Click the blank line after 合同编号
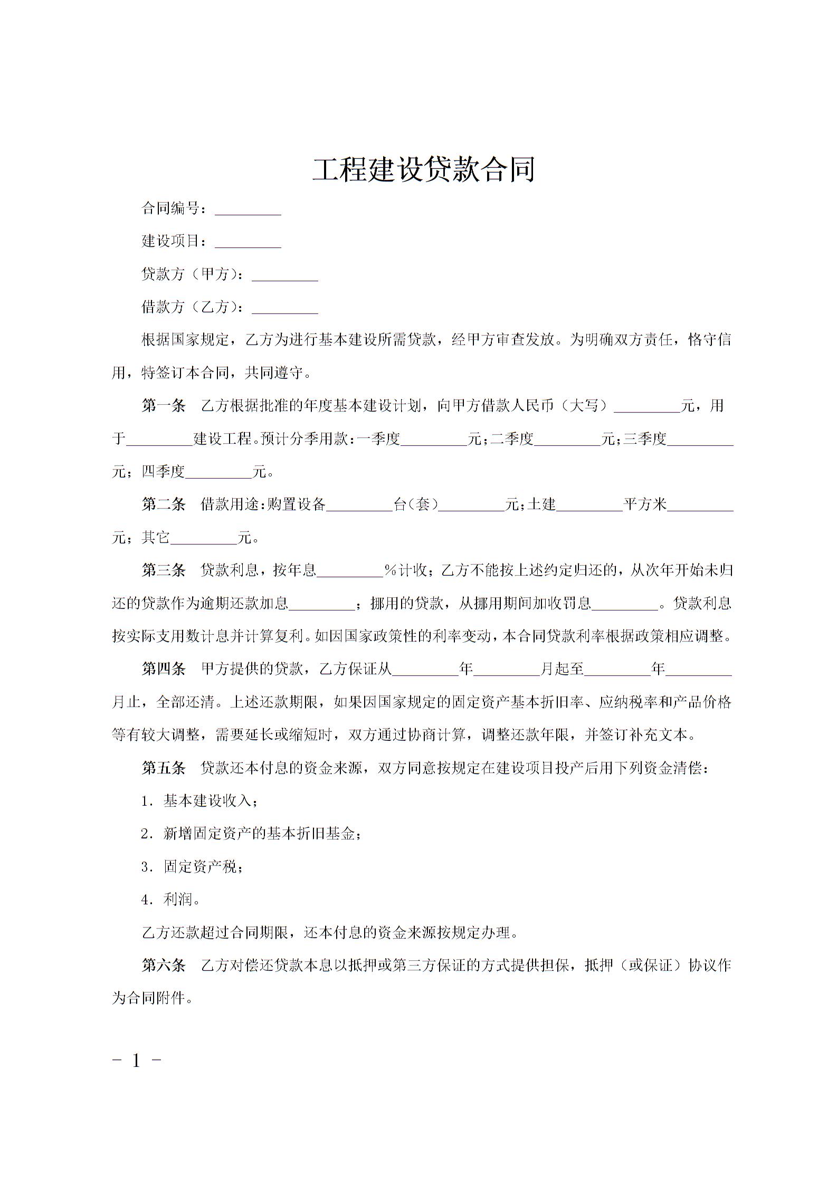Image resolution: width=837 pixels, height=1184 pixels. [x=248, y=210]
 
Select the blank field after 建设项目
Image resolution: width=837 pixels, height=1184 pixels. [x=248, y=243]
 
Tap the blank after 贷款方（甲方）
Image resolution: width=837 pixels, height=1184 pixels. [x=285, y=276]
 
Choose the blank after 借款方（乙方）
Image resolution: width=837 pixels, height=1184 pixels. [x=285, y=309]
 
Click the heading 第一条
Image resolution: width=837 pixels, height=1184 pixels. [x=164, y=406]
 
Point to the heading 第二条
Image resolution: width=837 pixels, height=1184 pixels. [x=164, y=504]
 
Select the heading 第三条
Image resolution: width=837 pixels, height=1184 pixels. [x=164, y=570]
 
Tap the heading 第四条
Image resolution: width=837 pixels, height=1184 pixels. [x=164, y=669]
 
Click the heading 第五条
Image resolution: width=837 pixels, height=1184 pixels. [x=164, y=768]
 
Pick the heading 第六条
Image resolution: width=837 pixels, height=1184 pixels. [x=164, y=966]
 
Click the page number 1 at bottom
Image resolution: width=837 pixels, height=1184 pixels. [x=137, y=1061]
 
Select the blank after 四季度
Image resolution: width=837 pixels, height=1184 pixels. [x=219, y=473]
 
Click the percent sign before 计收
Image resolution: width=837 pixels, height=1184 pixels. [x=391, y=570]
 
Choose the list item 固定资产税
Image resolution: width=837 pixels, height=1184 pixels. [x=202, y=867]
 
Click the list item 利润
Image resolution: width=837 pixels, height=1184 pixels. [x=179, y=900]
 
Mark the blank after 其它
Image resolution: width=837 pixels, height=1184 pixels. [x=204, y=539]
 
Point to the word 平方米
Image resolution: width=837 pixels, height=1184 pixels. [x=645, y=504]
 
